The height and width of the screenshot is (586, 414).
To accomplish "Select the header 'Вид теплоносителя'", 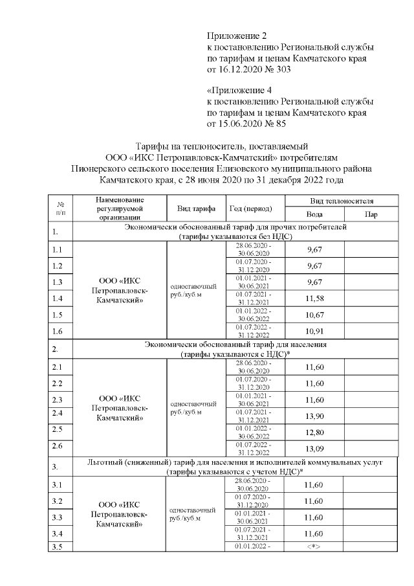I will point(342,201).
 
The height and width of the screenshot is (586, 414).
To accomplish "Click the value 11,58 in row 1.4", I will point(314,299).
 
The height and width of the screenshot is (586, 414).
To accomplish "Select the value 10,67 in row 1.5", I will point(314,315).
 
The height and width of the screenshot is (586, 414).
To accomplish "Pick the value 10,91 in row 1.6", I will point(314,332).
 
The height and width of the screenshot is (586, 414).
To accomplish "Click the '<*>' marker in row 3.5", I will point(314,547).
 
